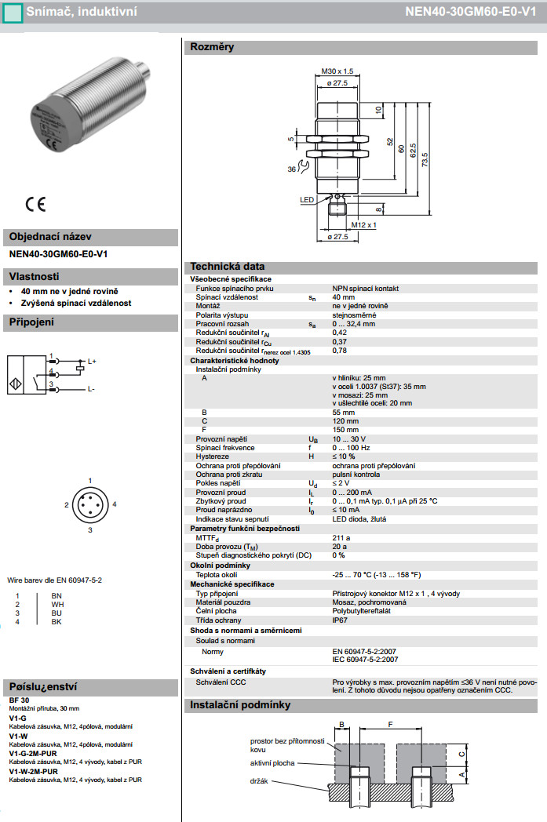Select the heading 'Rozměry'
212,47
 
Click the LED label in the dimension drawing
307,200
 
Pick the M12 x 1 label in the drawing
364,225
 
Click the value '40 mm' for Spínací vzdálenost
343,297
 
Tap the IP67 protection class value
340,620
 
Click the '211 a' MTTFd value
341,538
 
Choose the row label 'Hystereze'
213,456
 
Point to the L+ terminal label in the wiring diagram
92,361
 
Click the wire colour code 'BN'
56,596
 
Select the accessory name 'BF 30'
20,699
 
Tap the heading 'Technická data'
228,267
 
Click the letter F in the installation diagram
391,724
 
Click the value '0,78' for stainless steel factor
340,351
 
